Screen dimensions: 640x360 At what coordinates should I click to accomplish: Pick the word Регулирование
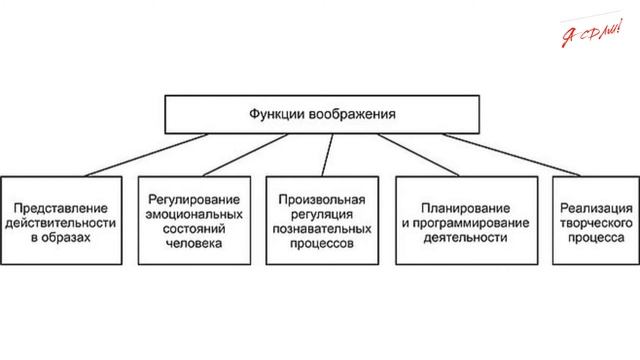coord(191,198)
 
